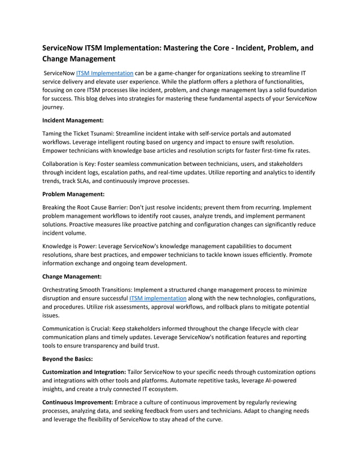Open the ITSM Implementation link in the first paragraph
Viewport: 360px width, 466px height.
104,73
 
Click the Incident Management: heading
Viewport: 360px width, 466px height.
73,120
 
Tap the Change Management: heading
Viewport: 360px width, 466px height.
72,276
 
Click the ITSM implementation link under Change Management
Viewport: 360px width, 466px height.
157,298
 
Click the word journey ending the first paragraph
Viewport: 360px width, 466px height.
53,107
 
